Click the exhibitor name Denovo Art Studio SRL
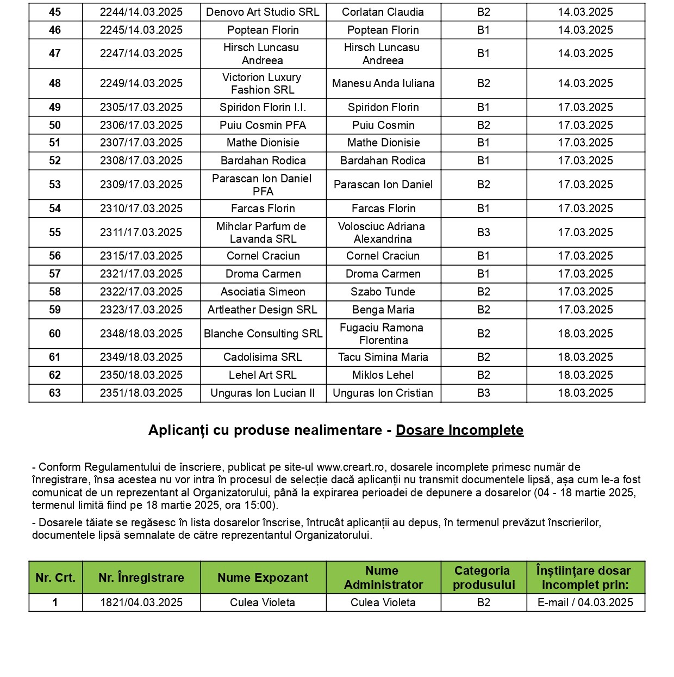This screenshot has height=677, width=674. [x=263, y=12]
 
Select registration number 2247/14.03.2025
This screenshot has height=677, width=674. [x=141, y=53]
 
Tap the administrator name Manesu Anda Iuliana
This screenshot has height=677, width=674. [x=383, y=83]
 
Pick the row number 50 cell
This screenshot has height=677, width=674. [x=55, y=125]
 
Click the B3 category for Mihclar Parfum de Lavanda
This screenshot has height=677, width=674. [x=483, y=232]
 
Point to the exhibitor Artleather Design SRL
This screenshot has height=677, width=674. [x=263, y=310]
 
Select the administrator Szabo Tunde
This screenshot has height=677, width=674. [x=383, y=292]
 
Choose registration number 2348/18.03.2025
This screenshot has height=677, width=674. [x=141, y=334]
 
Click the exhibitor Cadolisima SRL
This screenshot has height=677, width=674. [x=263, y=357]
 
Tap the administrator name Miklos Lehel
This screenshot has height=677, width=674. [x=383, y=375]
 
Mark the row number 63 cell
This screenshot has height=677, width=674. [x=55, y=393]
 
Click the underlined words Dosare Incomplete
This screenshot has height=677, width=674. [x=459, y=430]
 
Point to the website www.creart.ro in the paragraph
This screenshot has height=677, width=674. [x=351, y=467]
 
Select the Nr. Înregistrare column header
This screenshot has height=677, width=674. [x=141, y=577]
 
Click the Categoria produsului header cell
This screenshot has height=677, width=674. [x=483, y=577]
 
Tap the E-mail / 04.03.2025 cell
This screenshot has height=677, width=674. [x=585, y=602]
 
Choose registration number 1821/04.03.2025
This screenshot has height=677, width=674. [x=141, y=602]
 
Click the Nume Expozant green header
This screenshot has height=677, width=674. [x=263, y=577]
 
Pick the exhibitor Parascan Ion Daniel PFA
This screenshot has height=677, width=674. [x=263, y=184]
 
